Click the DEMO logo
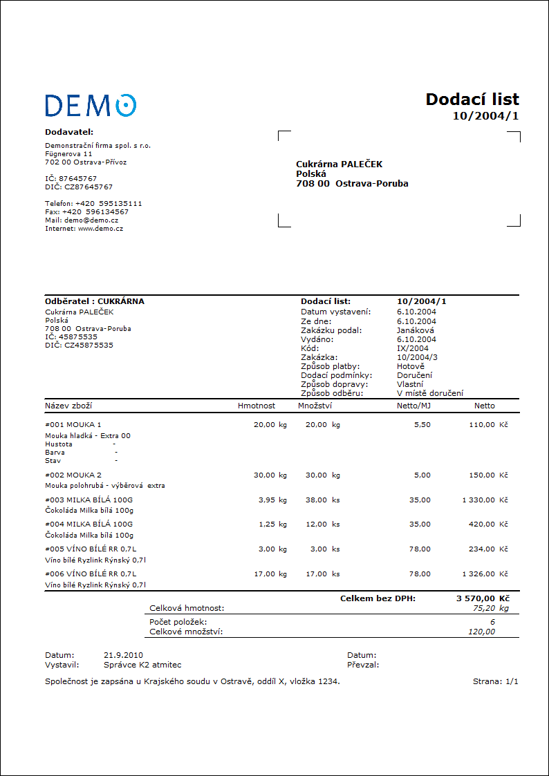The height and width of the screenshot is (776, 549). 91,105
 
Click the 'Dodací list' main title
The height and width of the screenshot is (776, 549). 472,100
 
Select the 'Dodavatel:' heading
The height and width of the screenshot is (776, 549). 69,131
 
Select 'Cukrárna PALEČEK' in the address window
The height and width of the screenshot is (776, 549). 339,164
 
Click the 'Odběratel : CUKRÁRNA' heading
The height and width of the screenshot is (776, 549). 95,302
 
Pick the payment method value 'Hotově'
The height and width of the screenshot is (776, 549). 411,366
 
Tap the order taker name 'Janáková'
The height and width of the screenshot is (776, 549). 416,330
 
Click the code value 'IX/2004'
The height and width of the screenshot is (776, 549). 413,348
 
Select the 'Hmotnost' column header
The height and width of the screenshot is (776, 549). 257,406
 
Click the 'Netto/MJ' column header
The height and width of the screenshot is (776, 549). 413,406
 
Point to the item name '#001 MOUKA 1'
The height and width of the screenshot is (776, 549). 73,425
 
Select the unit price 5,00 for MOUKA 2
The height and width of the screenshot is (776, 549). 422,475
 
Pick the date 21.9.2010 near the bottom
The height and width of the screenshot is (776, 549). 124,655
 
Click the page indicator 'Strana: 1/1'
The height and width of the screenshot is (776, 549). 495,681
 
